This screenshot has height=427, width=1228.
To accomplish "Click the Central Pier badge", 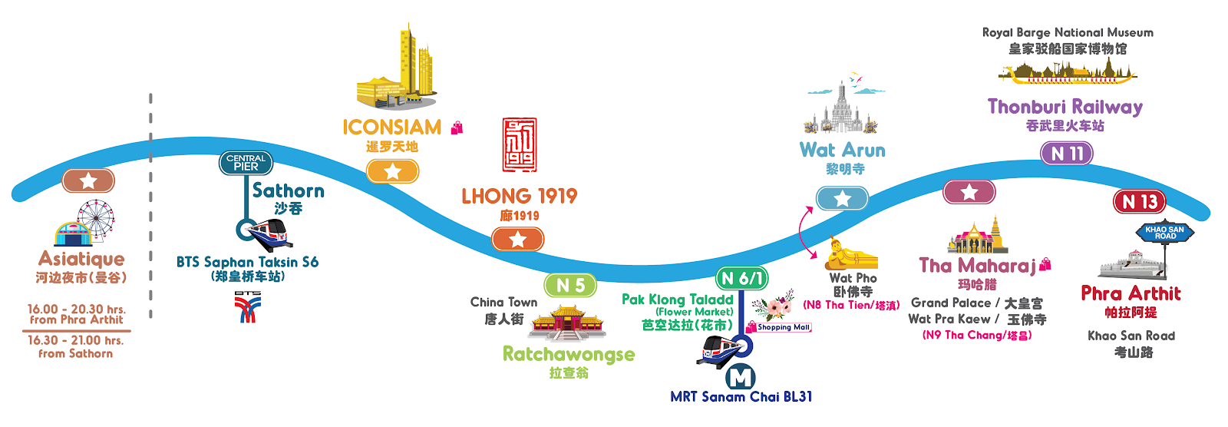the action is [246, 163].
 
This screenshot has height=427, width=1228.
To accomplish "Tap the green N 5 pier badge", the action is [570, 286].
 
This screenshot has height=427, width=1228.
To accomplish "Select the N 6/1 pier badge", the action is [741, 279].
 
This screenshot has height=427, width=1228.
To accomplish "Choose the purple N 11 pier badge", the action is [1067, 153].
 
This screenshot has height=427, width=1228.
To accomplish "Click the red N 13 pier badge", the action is [1139, 201].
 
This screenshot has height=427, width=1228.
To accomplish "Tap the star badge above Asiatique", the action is [88, 180].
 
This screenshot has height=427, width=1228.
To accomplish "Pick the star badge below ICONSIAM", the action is [392, 171].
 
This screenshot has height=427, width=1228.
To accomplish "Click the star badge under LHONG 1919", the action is [517, 240].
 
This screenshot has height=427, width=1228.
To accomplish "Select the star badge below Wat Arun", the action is [842, 198].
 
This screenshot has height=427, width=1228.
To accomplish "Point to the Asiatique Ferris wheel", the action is [96, 219].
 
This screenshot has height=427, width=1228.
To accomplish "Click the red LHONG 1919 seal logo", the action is [519, 145].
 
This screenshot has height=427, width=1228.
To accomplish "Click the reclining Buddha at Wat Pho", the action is [851, 253].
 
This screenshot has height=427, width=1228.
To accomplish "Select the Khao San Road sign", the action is [1164, 232].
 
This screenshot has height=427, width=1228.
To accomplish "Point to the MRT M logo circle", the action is [741, 377].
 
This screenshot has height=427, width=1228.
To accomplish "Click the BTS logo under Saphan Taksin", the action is [248, 306].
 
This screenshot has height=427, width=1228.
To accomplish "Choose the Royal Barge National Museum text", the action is [1068, 33].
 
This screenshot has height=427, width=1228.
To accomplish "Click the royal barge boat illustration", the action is [1068, 72].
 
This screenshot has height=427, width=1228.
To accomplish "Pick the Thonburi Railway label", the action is [1065, 107].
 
